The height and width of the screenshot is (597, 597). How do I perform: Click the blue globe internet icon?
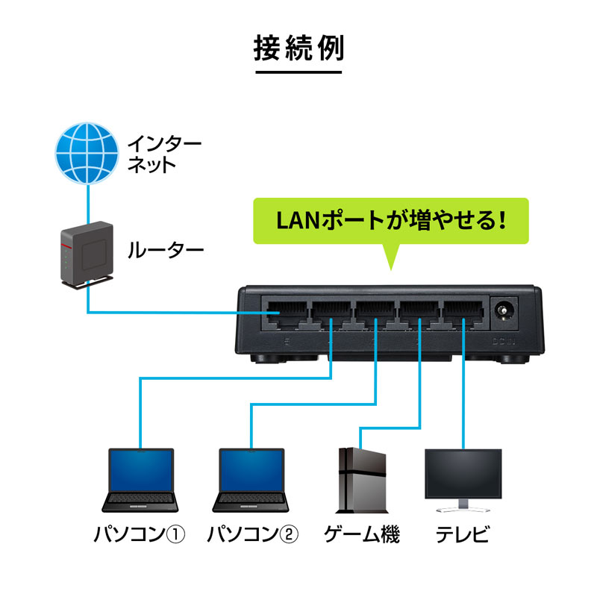[x=87, y=154]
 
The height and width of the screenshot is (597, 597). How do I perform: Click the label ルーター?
[x=166, y=250]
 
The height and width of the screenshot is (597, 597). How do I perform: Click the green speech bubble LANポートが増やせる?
[x=390, y=221]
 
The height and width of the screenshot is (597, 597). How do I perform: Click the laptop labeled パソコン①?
[x=140, y=481]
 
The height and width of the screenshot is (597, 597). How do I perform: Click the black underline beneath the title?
[x=298, y=72]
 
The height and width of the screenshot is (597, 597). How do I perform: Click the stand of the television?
[x=463, y=507]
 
